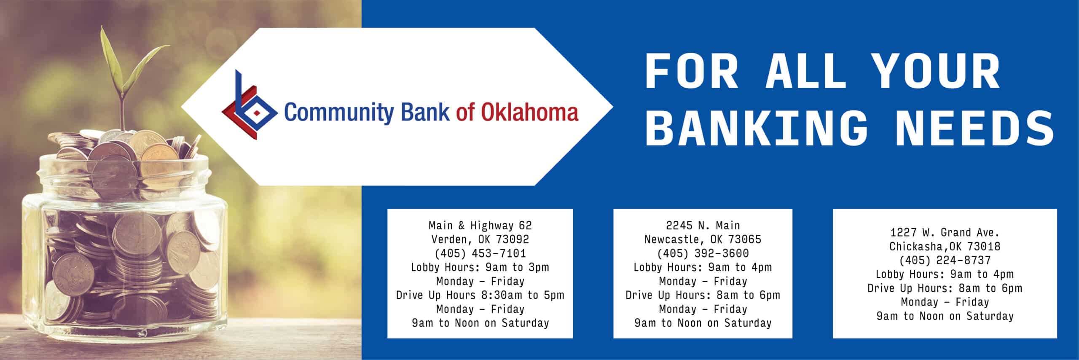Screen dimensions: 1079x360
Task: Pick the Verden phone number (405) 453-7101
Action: click(x=480, y=253)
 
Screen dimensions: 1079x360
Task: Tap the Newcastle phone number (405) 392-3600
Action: click(x=703, y=253)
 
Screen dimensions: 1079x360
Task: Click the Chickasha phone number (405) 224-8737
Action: click(x=945, y=261)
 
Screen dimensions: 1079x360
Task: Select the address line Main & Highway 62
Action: click(x=480, y=226)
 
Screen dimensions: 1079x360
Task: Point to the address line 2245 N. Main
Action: click(x=703, y=226)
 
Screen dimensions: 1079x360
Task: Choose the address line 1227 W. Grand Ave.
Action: click(x=945, y=232)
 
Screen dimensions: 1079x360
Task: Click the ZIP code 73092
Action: click(x=512, y=239)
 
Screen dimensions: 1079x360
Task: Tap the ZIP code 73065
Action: click(x=745, y=239)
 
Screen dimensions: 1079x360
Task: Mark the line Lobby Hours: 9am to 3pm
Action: click(x=480, y=267)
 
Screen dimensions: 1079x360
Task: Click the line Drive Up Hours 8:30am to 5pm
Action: click(x=480, y=295)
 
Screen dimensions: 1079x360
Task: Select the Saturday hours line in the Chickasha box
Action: click(x=945, y=316)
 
